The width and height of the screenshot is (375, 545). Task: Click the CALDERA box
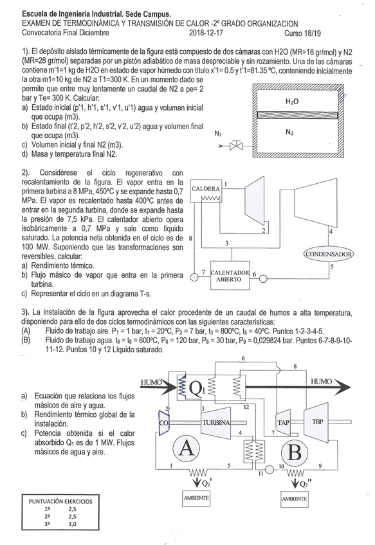[x=206, y=191]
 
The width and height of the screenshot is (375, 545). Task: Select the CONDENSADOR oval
[x=329, y=254]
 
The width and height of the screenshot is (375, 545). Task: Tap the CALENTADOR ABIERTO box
[x=230, y=276]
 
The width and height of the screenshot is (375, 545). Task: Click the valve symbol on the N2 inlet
[x=237, y=146]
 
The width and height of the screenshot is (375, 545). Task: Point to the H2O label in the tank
[x=292, y=102]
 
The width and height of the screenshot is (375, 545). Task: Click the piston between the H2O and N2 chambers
[x=298, y=116]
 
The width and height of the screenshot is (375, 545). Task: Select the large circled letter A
[x=186, y=449]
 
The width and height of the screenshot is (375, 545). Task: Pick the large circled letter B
[x=295, y=453]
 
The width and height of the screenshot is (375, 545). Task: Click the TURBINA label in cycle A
[x=216, y=423]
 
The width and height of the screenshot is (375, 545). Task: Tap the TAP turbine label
[x=283, y=423]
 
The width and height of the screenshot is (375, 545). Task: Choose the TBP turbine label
[x=317, y=422]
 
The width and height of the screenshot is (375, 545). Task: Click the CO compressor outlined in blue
[x=163, y=423]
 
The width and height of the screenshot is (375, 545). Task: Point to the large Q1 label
[x=197, y=388]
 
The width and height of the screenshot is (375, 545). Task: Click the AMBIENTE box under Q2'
[x=196, y=497]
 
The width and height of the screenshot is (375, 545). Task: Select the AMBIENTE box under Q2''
[x=295, y=499]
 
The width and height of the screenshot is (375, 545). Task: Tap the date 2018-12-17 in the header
[x=206, y=33]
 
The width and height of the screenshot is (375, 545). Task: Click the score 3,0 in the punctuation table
[x=72, y=524]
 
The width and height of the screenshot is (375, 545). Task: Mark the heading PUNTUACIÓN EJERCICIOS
[x=60, y=501]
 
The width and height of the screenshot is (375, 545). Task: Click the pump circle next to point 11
[x=270, y=470]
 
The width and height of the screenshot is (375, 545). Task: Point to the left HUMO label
[x=151, y=382]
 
